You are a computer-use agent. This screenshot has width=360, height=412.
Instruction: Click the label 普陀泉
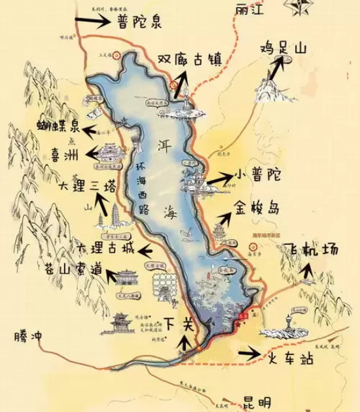tap(139, 22)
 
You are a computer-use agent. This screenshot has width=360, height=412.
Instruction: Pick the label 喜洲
tap(64, 155)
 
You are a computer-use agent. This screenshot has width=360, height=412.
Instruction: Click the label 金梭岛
tap(256, 210)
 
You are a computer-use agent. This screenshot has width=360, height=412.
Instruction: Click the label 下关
tap(179, 324)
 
